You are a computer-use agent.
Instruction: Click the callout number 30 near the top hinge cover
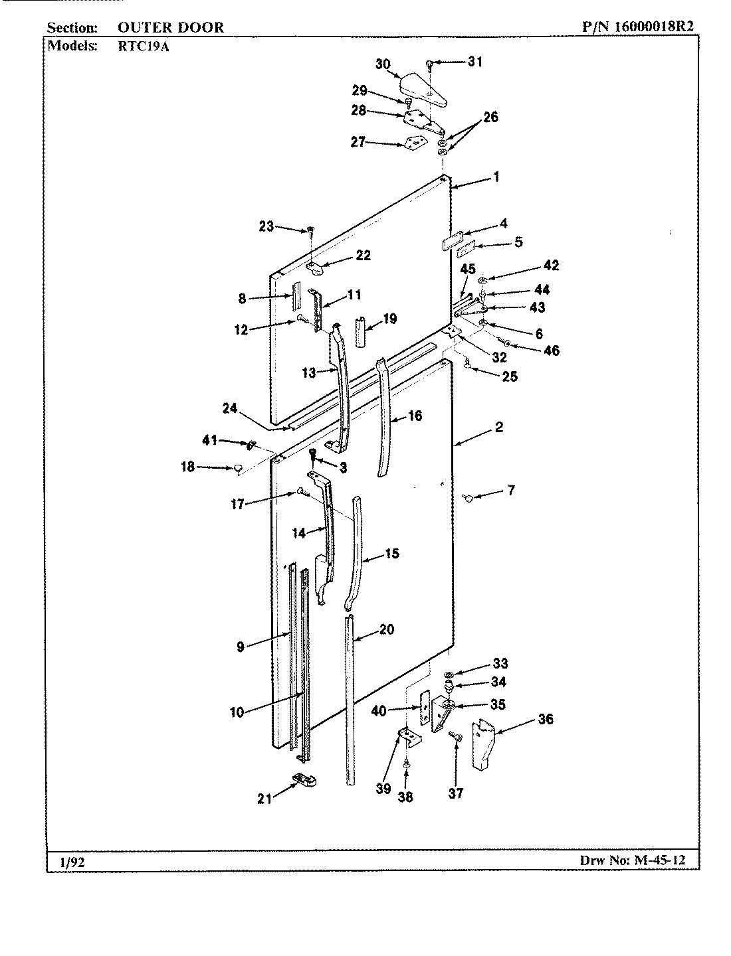[x=382, y=64]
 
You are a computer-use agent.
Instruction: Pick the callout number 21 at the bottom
[x=265, y=799]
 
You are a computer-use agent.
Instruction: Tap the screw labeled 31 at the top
[x=431, y=64]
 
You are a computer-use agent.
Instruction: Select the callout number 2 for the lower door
[x=498, y=428]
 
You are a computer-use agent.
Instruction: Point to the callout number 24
[x=230, y=409]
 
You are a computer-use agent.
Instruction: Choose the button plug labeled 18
[x=237, y=469]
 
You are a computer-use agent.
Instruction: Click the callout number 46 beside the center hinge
[x=552, y=351]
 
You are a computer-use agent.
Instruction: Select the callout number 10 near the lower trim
[x=237, y=713]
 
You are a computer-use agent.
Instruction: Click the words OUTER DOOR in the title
[x=171, y=27]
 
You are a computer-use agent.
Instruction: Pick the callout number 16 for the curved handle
[x=415, y=416]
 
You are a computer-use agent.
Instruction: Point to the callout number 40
[x=379, y=711]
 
